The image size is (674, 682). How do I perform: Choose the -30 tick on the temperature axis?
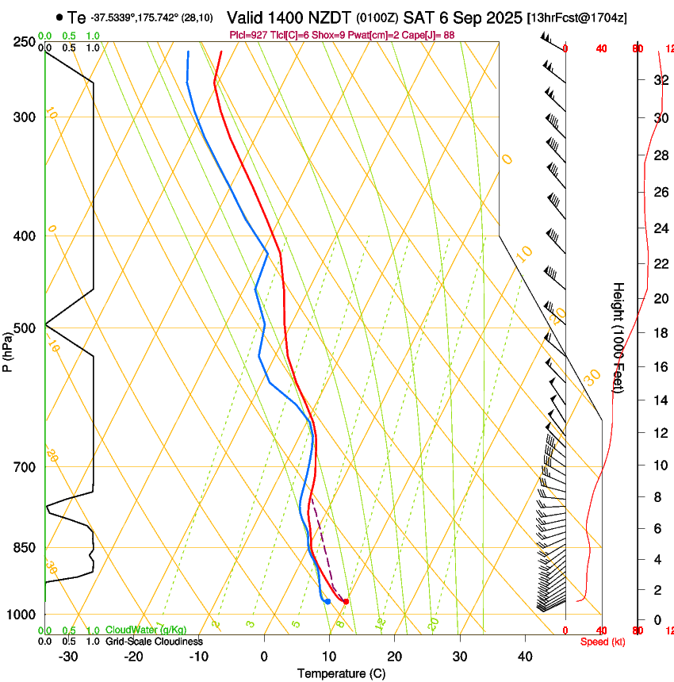pos(69,656)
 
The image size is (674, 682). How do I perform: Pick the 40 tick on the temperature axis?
pos(525,656)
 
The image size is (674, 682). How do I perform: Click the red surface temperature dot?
pos(346,602)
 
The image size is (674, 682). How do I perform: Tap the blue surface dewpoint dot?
pos(327,601)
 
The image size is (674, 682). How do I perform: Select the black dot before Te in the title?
pos(59,17)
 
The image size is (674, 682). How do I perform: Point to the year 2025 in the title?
pos(501,17)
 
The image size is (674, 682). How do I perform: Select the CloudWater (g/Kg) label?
pos(146,630)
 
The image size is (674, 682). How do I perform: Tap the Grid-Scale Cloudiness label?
pos(154,641)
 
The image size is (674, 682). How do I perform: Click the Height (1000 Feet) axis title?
pos(619,337)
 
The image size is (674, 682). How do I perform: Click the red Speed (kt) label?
pos(603,642)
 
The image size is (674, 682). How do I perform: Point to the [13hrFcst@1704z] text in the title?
pos(576,17)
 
